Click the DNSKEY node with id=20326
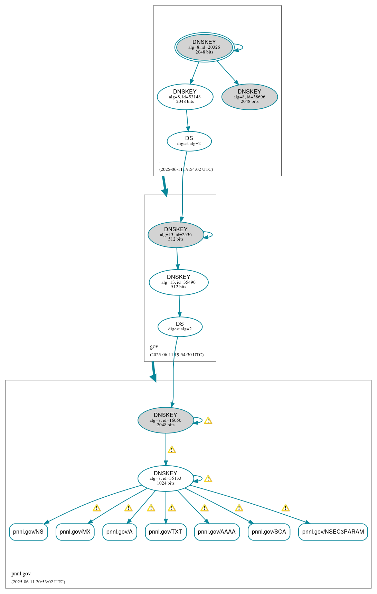[204, 47]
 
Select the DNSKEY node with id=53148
[185, 97]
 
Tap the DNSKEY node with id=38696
[249, 97]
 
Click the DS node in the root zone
[189, 141]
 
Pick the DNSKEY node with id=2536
[176, 235]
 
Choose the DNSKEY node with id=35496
[179, 282]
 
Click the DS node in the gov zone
[180, 327]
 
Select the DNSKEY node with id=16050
[166, 420]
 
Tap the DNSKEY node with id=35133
[166, 478]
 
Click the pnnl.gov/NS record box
[28, 532]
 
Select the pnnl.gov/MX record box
[75, 532]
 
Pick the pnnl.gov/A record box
[120, 532]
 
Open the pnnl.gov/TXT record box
[166, 532]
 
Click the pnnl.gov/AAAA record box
[217, 532]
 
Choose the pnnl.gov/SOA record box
[269, 532]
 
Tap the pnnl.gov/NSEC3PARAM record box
[333, 532]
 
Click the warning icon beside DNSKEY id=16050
[208, 420]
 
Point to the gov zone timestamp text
[177, 355]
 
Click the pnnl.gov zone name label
[21, 574]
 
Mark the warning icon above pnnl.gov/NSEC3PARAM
[285, 508]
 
